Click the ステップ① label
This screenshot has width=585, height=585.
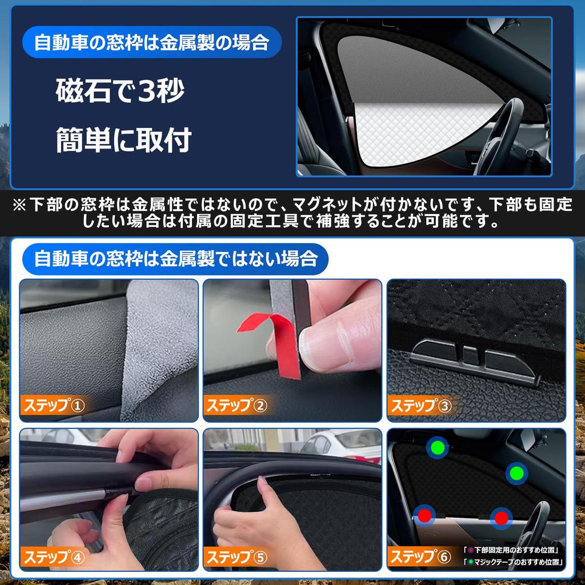coord(53,406)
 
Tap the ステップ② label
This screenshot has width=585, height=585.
coord(237,406)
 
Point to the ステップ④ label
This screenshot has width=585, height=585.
coord(53,556)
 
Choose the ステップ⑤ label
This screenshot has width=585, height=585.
coord(237,556)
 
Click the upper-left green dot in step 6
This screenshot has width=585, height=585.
coord(438,447)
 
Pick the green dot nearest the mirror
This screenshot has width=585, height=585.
coord(516,473)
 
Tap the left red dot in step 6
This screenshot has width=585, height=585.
coord(424,515)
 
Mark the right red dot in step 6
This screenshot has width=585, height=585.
coord(501,518)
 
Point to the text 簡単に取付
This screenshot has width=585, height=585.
coord(123,139)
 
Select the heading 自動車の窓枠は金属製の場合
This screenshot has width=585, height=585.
coord(151,43)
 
